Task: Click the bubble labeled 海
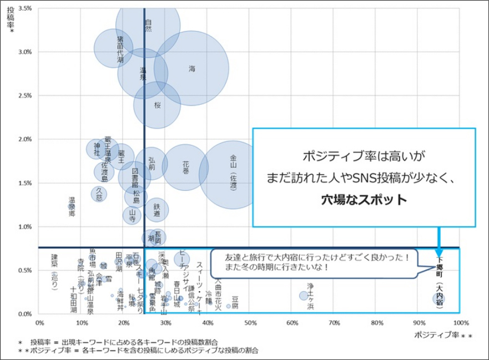[191, 69]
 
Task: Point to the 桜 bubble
[157, 104]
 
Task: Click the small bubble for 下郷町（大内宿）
[439, 298]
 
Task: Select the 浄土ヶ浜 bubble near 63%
[304, 296]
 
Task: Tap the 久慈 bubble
[99, 193]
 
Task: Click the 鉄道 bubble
[157, 209]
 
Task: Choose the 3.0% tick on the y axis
[26, 52]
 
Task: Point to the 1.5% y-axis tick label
[26, 183]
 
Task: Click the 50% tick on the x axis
[250, 322]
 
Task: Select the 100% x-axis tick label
[459, 322]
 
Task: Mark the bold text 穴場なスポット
[364, 200]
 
